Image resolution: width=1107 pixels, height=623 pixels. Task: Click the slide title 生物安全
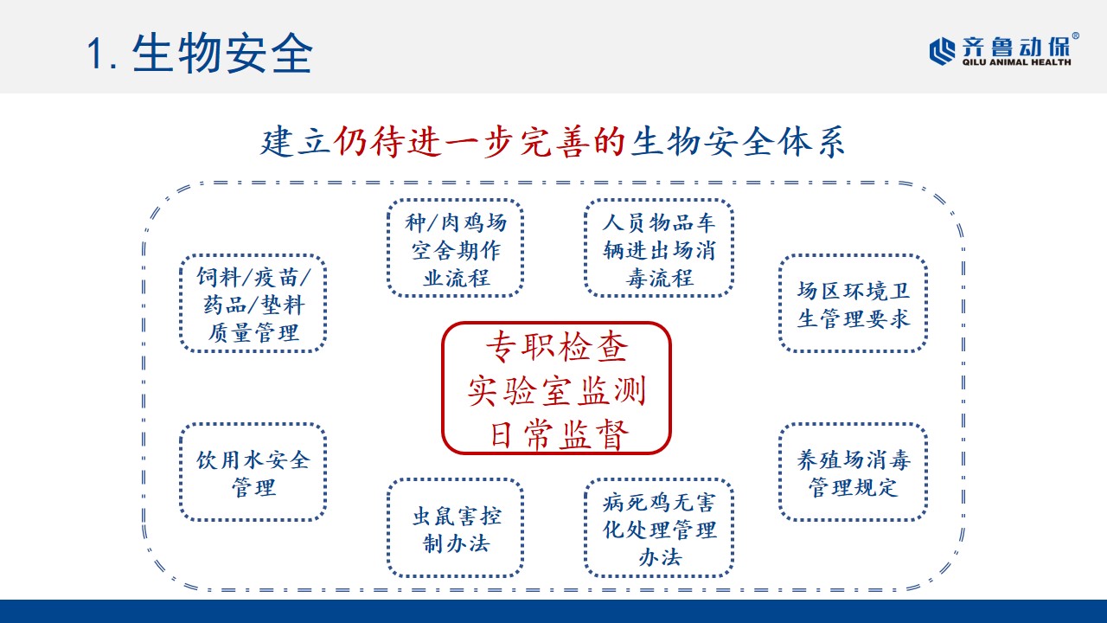click(222, 54)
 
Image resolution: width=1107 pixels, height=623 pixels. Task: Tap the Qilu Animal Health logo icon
click(943, 50)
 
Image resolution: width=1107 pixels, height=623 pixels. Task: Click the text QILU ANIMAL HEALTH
click(1016, 62)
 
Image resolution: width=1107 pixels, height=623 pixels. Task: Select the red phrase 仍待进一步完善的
click(479, 143)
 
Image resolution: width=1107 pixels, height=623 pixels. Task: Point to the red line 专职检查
click(556, 347)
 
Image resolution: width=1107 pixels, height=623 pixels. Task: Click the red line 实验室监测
click(556, 390)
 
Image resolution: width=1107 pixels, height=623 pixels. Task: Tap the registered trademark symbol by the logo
click(1075, 36)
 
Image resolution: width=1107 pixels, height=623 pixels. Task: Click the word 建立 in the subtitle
click(295, 143)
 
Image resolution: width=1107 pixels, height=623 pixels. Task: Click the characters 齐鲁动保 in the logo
click(1014, 47)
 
